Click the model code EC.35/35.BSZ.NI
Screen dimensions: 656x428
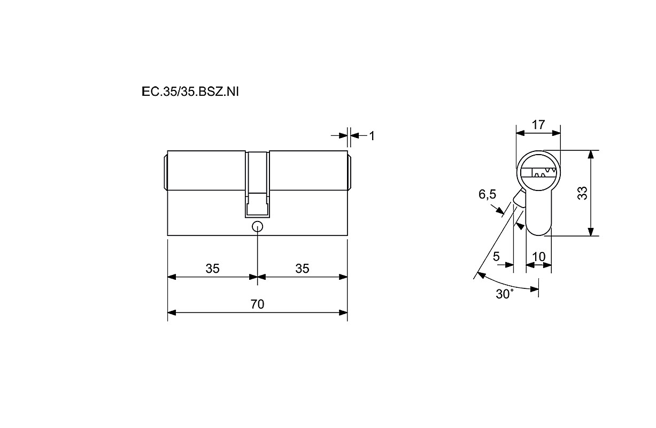(x=190, y=92)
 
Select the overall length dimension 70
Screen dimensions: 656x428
(x=257, y=304)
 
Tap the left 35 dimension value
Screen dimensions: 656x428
(x=212, y=269)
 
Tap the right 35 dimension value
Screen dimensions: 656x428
(x=302, y=269)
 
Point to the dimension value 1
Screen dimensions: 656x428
(x=372, y=136)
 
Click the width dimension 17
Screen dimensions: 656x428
(x=538, y=125)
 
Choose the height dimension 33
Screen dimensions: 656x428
(x=583, y=193)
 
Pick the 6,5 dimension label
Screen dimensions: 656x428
(x=487, y=194)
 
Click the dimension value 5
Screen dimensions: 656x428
(x=496, y=256)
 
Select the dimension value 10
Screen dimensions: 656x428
(x=538, y=257)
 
